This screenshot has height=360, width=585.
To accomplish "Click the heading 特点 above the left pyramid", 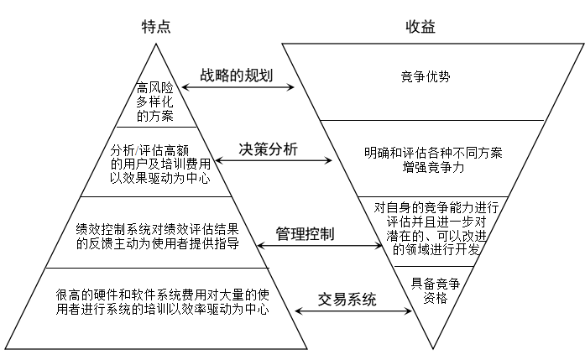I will (x=157, y=27).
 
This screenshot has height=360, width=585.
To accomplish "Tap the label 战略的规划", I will (x=236, y=75).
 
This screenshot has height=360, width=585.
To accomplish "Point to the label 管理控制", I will (x=305, y=232).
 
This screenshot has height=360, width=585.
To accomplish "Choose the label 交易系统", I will (x=347, y=299).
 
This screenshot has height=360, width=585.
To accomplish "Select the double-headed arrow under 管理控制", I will (x=318, y=245).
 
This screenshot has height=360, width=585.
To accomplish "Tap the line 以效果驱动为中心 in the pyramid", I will (x=160, y=179).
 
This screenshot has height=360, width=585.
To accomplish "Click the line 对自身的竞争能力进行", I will (x=436, y=207).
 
